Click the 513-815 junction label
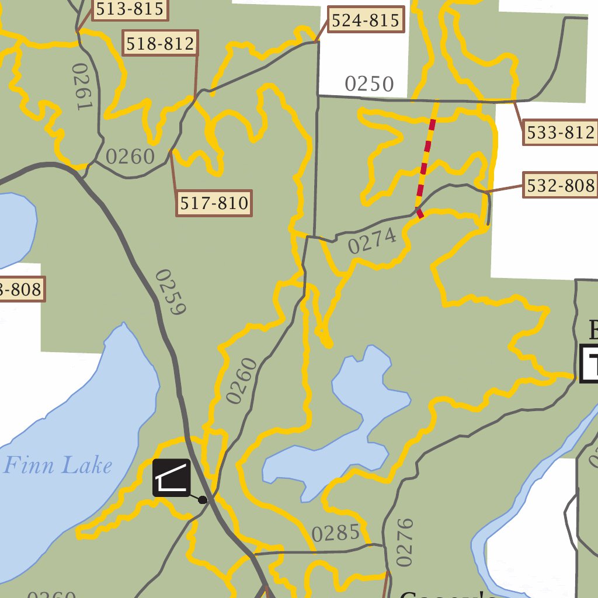pyautogui.click(x=128, y=9)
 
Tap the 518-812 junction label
pyautogui.click(x=160, y=43)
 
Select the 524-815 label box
pyautogui.click(x=366, y=20)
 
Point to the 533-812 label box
pyautogui.click(x=560, y=133)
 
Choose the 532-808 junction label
pyautogui.click(x=560, y=186)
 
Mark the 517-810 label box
pyautogui.click(x=214, y=203)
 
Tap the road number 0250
pyautogui.click(x=369, y=84)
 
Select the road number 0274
pyautogui.click(x=373, y=241)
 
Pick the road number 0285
pyautogui.click(x=335, y=533)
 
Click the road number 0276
pyautogui.click(x=404, y=542)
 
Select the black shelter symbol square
pyautogui.click(x=172, y=478)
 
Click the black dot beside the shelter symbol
pyautogui.click(x=203, y=500)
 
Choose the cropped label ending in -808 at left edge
pyautogui.click(x=21, y=289)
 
